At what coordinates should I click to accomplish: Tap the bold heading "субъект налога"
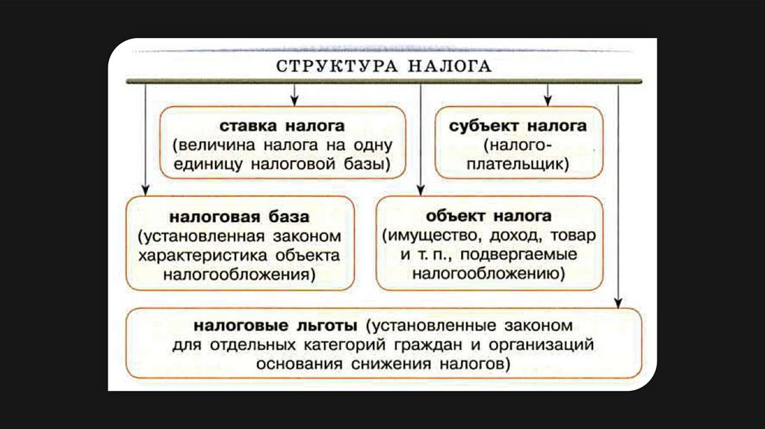(x=518, y=126)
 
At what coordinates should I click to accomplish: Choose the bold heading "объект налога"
(x=489, y=216)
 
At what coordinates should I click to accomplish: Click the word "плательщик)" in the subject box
(x=518, y=164)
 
